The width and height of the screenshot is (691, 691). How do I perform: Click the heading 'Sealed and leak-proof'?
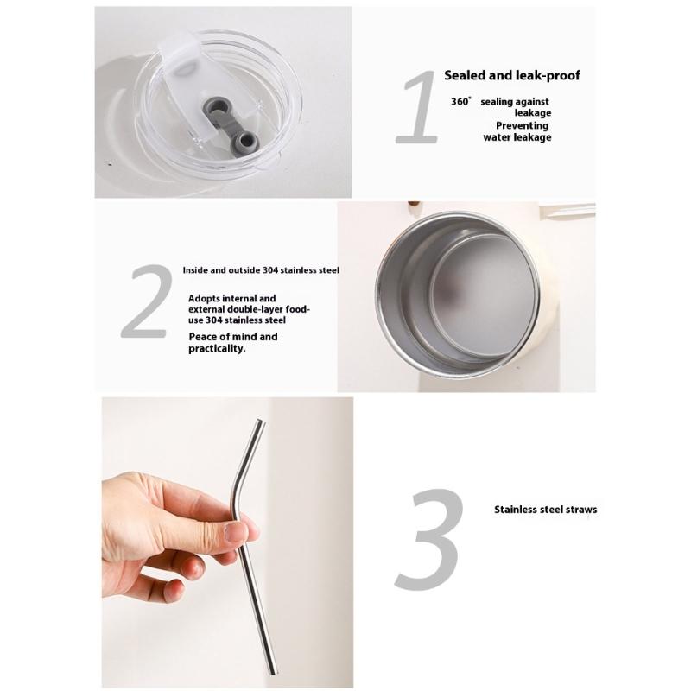pos(512,75)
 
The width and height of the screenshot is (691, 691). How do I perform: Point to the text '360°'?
pos(461,101)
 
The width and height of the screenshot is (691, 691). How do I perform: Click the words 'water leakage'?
pos(517,137)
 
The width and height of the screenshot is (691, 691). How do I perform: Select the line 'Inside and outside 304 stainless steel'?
pos(261,269)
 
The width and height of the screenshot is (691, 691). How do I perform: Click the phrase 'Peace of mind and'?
pos(233,337)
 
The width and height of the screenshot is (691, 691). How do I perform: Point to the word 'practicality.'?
pos(218,349)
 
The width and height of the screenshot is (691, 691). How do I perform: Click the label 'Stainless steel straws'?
pos(545,510)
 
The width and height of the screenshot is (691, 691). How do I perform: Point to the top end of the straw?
pos(260,423)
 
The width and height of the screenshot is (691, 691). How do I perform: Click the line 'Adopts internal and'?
pos(232,298)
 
